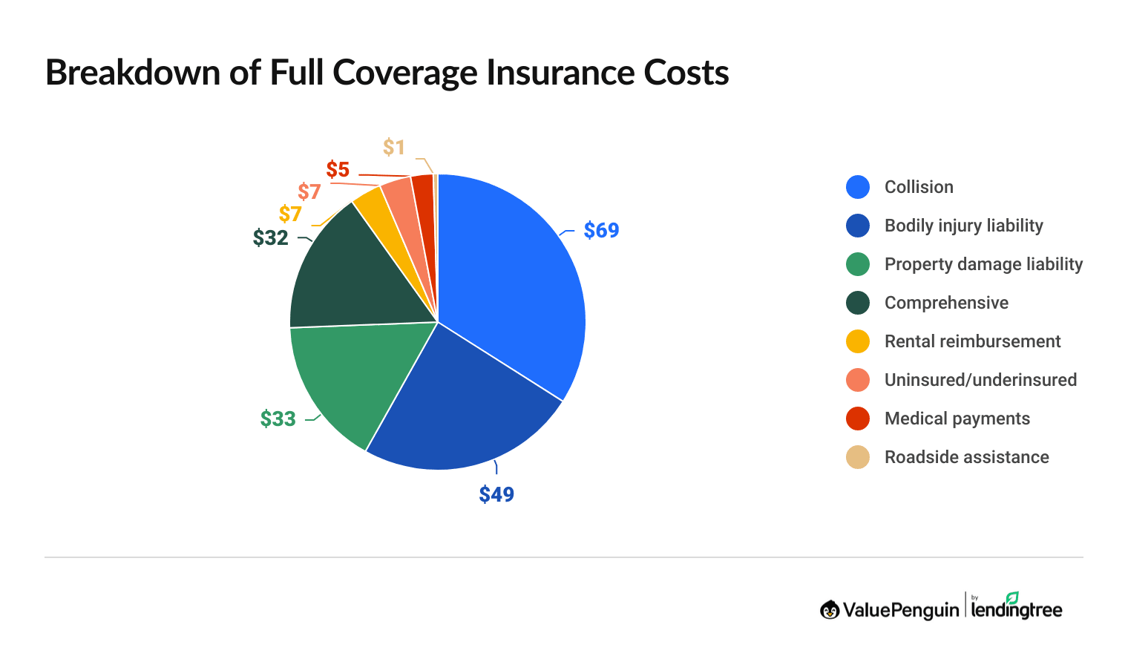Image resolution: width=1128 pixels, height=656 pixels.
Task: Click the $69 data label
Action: pyautogui.click(x=601, y=230)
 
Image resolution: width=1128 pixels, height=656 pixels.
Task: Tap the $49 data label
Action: pyautogui.click(x=496, y=494)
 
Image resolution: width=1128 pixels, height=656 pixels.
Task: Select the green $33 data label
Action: pyautogui.click(x=278, y=419)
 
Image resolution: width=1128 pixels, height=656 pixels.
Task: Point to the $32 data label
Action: pyautogui.click(x=270, y=237)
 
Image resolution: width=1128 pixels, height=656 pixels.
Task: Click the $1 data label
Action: pyautogui.click(x=394, y=147)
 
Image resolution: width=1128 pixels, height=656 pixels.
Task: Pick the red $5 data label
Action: pyautogui.click(x=338, y=170)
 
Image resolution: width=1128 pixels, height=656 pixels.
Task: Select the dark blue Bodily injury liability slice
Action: pyautogui.click(x=468, y=408)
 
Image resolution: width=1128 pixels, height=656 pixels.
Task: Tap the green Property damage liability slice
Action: pyautogui.click(x=349, y=378)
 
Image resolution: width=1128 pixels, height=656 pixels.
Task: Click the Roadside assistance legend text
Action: pyautogui.click(x=966, y=457)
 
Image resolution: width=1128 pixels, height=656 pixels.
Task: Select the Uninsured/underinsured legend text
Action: pyautogui.click(x=980, y=380)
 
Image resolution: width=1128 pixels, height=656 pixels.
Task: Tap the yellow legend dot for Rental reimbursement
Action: pyautogui.click(x=858, y=341)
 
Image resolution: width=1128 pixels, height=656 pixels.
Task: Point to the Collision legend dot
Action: pyautogui.click(x=858, y=187)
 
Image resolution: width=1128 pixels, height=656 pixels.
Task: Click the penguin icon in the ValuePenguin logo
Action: pyautogui.click(x=830, y=610)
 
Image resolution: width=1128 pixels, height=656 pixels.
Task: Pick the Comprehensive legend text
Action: pyautogui.click(x=946, y=303)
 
